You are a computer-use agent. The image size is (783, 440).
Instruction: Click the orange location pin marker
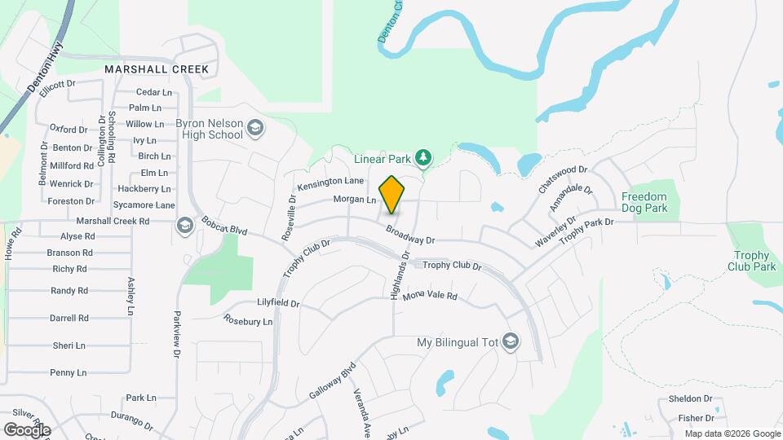[x=392, y=194]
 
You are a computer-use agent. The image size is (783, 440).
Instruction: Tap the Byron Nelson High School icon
[x=255, y=127]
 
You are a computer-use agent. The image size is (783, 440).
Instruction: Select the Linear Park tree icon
[x=423, y=156]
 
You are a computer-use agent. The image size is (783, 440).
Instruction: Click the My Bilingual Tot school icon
[x=511, y=341]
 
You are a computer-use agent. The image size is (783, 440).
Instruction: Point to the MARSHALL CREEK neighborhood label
[x=157, y=70]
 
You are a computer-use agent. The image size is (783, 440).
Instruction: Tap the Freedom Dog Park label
[x=644, y=202]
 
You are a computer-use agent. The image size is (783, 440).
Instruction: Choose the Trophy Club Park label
[x=751, y=261]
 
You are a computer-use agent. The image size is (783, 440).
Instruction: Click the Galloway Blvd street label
[x=333, y=380]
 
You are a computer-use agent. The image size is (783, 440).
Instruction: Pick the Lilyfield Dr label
[x=278, y=302]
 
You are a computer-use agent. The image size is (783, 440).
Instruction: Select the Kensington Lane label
[x=330, y=184]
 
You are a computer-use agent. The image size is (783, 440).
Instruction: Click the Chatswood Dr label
[x=563, y=179]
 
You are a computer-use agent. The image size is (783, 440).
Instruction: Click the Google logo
[x=27, y=429]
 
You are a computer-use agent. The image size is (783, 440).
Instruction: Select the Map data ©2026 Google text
[x=732, y=433]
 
